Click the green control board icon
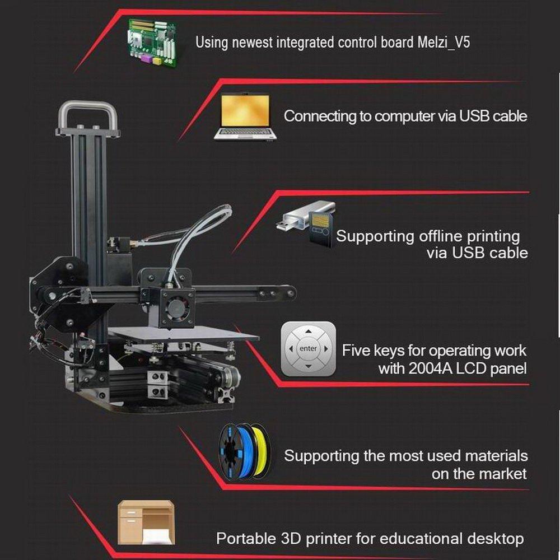(152, 43)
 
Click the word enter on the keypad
(308, 348)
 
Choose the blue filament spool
(236, 452)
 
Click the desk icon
(146, 522)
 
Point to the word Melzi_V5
(444, 43)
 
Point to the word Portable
(246, 538)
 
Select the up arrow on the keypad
(309, 332)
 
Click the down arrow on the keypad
(309, 366)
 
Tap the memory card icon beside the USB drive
(321, 228)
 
